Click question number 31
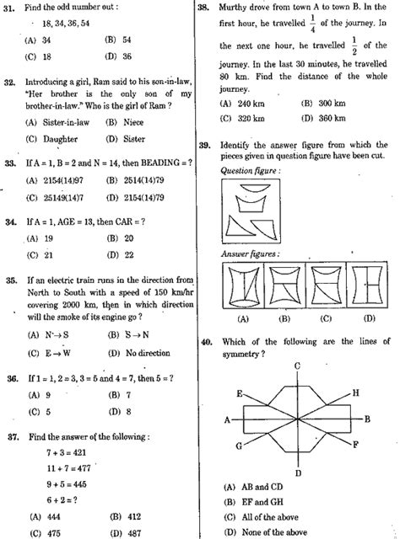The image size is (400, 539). (11, 8)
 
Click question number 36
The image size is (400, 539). (11, 380)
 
